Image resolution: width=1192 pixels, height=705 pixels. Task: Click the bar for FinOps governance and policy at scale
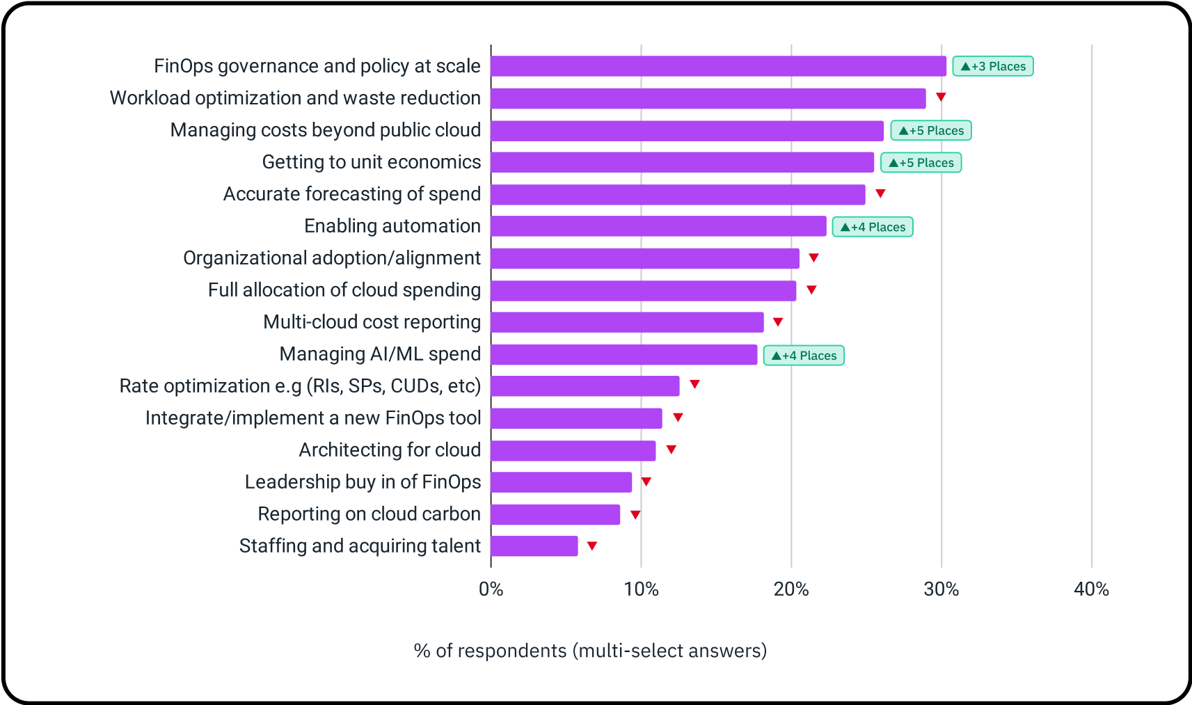718,66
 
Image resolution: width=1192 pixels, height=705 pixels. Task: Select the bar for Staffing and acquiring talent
534,546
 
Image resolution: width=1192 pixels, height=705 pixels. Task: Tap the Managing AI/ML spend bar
623,355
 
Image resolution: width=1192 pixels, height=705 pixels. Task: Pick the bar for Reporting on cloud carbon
555,515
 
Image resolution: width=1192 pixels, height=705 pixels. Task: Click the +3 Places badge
992,66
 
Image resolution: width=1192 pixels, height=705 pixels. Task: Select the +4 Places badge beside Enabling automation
873,227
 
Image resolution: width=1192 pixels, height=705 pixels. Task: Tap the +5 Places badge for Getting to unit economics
921,163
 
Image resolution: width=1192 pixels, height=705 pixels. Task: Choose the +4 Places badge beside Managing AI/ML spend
804,356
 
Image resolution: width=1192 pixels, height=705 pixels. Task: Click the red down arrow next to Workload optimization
941,97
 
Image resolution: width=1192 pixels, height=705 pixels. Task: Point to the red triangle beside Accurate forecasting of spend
880,193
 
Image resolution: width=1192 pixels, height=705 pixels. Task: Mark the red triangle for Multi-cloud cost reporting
778,322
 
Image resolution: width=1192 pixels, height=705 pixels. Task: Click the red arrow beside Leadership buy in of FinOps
646,482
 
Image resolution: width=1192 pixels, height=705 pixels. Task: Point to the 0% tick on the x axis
491,589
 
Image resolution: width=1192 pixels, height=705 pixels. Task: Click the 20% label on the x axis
791,589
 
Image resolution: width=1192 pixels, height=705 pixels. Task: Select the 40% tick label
1091,589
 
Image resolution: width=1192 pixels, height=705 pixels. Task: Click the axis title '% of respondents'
590,651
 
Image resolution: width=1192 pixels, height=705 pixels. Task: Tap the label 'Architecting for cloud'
390,450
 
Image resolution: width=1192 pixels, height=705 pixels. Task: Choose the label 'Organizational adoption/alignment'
332,258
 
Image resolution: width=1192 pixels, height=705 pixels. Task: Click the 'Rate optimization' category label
300,386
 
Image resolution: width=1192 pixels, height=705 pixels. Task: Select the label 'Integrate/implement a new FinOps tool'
313,418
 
